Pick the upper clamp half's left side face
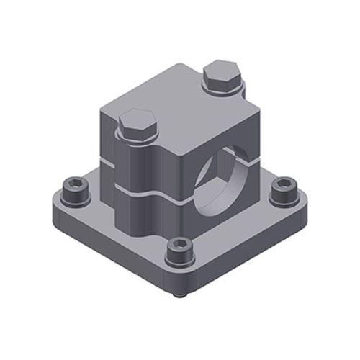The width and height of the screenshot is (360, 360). (x=107, y=140)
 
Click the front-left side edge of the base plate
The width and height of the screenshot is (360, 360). (x=108, y=245)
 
